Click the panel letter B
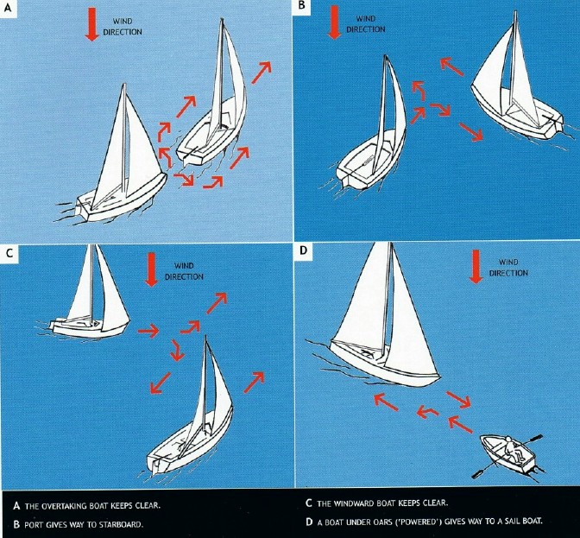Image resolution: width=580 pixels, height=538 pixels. (x=301, y=6)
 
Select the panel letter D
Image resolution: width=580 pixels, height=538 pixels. (x=301, y=253)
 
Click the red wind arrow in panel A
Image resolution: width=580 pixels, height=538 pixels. (x=92, y=25)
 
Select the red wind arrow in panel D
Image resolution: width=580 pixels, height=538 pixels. (x=475, y=267)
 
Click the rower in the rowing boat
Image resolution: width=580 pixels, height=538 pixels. (x=513, y=449)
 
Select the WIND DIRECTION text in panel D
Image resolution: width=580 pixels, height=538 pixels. (x=508, y=267)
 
